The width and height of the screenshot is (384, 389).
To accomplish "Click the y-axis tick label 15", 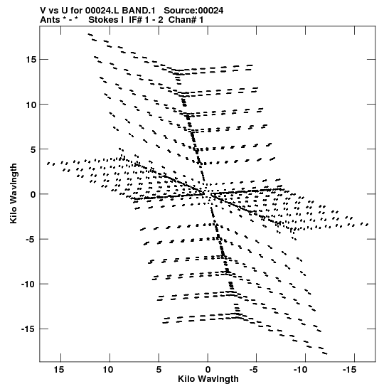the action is (31, 60).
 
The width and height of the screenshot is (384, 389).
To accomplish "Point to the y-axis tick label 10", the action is (31, 105).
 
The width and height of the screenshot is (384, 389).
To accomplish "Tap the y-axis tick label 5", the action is (33, 149).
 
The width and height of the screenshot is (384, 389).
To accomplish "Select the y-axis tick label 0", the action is (33, 194).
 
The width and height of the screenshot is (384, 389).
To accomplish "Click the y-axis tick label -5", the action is (31, 239).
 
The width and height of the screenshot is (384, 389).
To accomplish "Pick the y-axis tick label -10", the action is (29, 284).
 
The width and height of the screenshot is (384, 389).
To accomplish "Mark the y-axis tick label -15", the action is (29, 329).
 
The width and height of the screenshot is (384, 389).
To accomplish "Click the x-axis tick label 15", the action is (59, 370).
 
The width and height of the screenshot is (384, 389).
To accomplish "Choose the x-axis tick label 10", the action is (108, 370).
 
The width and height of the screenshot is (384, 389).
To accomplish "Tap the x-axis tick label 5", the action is (159, 370).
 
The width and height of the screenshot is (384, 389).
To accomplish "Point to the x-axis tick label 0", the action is (208, 370).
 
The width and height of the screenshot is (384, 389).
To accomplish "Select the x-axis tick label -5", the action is (253, 370).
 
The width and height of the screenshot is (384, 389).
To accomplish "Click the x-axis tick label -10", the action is (301, 370).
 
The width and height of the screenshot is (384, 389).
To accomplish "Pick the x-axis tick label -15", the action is (350, 370).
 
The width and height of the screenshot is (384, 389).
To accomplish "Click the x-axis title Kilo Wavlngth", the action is (208, 379).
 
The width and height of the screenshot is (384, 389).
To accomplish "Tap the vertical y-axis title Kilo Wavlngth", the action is (14, 193).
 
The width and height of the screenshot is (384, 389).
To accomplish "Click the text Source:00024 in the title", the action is (193, 11).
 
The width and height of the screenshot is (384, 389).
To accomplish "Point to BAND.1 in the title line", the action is (139, 11).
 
